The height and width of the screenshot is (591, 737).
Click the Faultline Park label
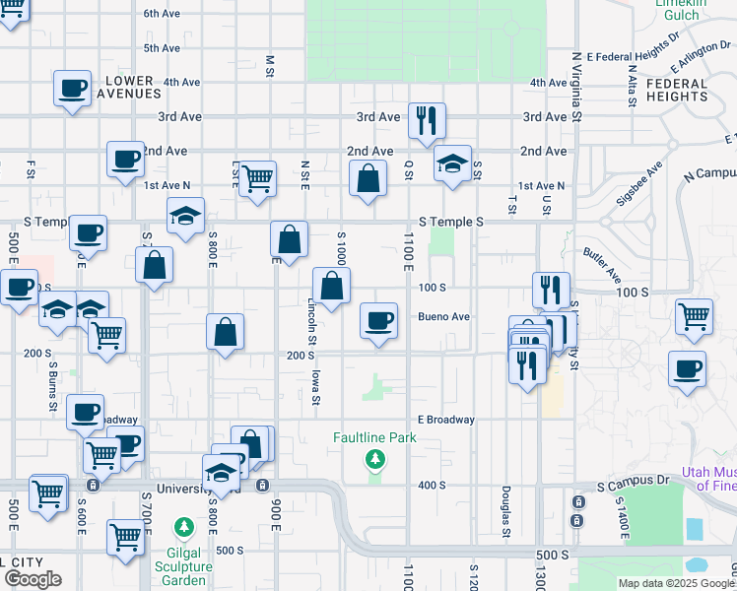[x=373, y=437]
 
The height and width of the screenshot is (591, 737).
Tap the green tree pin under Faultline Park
[x=374, y=459]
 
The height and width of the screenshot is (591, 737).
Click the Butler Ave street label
[x=600, y=263]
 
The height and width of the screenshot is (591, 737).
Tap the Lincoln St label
[x=311, y=317]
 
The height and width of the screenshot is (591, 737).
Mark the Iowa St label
[x=316, y=386]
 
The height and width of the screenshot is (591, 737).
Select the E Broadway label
[x=445, y=420]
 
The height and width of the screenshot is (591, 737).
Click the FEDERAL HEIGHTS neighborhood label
[x=677, y=91]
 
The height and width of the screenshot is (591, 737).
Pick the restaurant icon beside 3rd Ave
[x=427, y=120]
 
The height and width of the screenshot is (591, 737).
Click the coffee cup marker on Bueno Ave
[x=378, y=320]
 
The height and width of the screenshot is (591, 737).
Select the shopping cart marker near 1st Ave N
[x=257, y=178]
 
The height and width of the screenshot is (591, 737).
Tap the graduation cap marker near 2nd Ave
[x=453, y=163]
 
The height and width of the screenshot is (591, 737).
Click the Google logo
[x=33, y=579]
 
